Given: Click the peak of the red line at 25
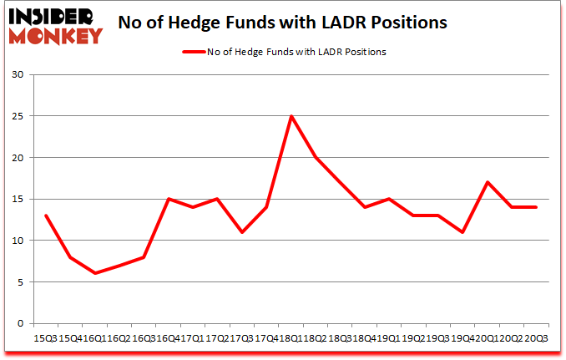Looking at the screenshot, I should (291, 116).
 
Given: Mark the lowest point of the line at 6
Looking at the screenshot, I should (95, 273).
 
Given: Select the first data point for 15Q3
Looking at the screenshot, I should (46, 215).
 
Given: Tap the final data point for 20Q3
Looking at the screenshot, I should (536, 207).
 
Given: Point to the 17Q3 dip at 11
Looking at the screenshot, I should (242, 232).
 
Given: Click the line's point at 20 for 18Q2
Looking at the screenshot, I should (316, 157).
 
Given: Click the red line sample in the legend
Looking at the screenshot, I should (194, 52).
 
